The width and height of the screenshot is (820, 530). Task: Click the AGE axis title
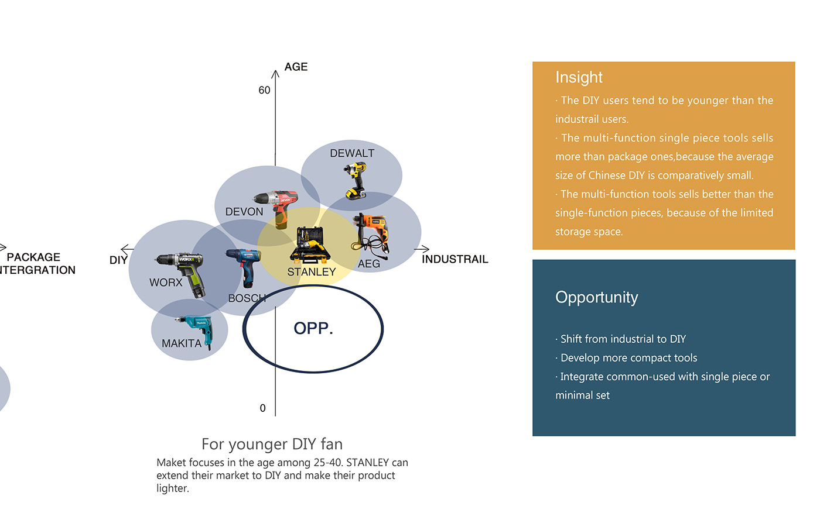point(296,67)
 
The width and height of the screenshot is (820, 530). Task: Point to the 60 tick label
point(264,90)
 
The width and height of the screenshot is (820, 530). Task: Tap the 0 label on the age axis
point(262,408)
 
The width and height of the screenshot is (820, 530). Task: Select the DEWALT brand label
point(352,153)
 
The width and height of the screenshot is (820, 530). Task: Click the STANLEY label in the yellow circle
point(311,272)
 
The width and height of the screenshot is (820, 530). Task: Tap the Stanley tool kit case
point(310,245)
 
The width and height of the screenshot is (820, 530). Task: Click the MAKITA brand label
point(182,343)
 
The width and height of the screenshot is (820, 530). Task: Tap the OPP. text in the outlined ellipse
point(313,328)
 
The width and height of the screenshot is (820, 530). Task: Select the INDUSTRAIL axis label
point(455,259)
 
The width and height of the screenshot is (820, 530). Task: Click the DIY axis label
point(118,260)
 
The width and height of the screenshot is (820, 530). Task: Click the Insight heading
point(579,77)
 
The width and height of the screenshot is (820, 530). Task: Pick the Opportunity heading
point(596,298)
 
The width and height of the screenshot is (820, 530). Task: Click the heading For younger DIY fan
point(272,445)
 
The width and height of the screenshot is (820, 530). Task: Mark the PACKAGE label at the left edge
point(33,257)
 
